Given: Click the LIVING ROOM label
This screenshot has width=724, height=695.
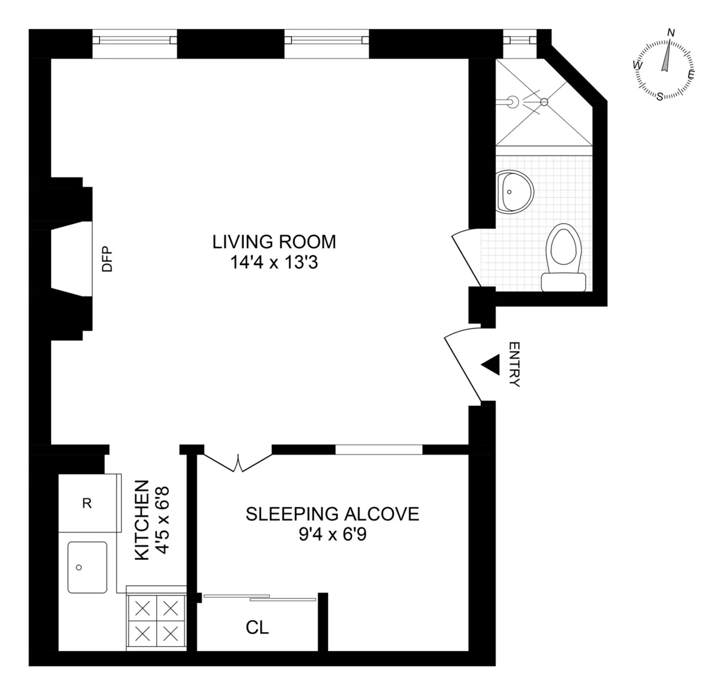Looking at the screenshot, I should (274, 242).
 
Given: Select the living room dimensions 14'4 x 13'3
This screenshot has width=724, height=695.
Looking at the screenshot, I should (274, 263).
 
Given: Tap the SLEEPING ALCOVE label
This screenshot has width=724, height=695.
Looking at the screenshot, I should (332, 514).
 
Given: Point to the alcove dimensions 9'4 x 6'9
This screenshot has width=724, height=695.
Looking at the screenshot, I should (332, 535).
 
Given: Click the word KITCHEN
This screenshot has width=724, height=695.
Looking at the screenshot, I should (141, 520).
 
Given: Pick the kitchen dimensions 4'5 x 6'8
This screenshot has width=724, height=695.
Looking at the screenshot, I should (161, 520).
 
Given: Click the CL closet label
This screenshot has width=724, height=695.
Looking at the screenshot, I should (257, 628).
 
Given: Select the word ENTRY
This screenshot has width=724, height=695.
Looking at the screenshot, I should (514, 364).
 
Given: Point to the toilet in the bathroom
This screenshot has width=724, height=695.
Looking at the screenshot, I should (565, 257).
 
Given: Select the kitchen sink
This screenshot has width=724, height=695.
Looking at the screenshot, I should (87, 567).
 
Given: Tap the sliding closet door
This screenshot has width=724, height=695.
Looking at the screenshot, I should (259, 598).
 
